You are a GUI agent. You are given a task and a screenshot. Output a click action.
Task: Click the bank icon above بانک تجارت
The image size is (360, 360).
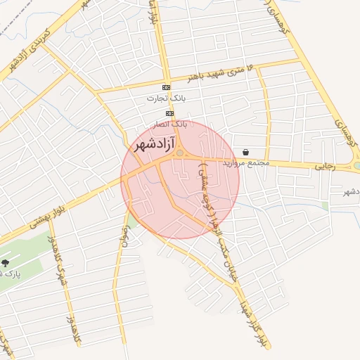(166, 87)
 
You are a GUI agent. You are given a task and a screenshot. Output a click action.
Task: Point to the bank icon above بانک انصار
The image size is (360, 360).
(169, 113)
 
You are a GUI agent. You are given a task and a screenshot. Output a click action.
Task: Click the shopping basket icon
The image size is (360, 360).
(245, 152)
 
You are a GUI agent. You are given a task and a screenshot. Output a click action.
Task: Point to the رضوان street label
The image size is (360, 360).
(124, 237)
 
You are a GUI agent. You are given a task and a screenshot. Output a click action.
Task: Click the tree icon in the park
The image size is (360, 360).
(6, 263)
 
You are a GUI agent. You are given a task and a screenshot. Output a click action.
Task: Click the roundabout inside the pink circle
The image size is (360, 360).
(180, 153)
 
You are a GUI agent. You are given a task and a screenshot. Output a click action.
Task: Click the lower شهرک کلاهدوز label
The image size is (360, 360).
(72, 328)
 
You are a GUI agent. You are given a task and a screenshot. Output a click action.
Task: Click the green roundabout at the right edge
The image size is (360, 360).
(357, 166)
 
